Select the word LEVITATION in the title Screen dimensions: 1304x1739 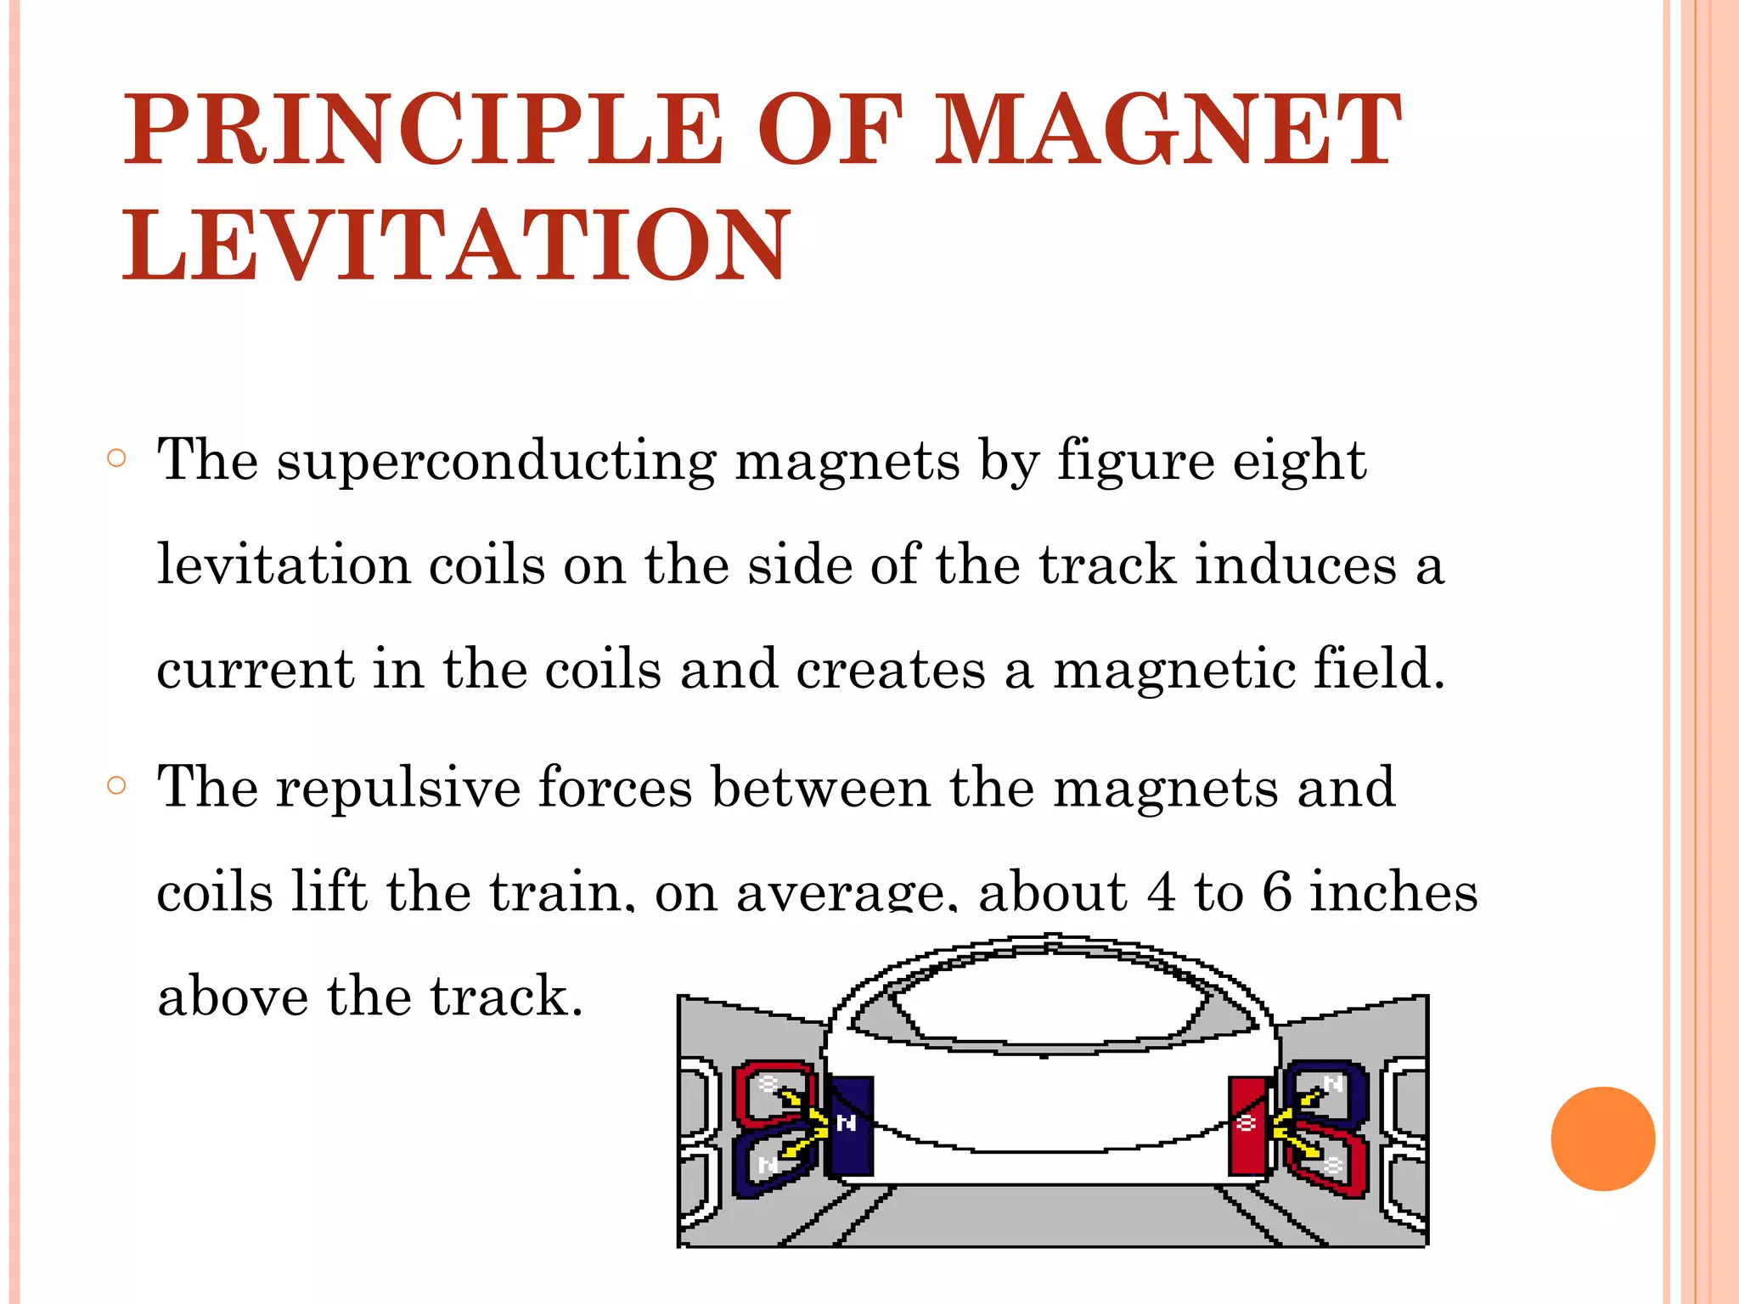tap(456, 246)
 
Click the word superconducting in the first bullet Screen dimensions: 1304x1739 tap(496, 461)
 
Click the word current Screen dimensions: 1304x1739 tap(254, 669)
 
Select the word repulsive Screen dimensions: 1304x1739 tap(397, 787)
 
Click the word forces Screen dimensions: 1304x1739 tap(615, 787)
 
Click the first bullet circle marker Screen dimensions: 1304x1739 tap(117, 459)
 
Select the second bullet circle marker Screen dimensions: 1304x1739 tap(117, 785)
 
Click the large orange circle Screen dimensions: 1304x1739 tap(1602, 1138)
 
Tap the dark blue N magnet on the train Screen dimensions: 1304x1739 tap(850, 1125)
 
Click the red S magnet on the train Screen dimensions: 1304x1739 tap(1247, 1126)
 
